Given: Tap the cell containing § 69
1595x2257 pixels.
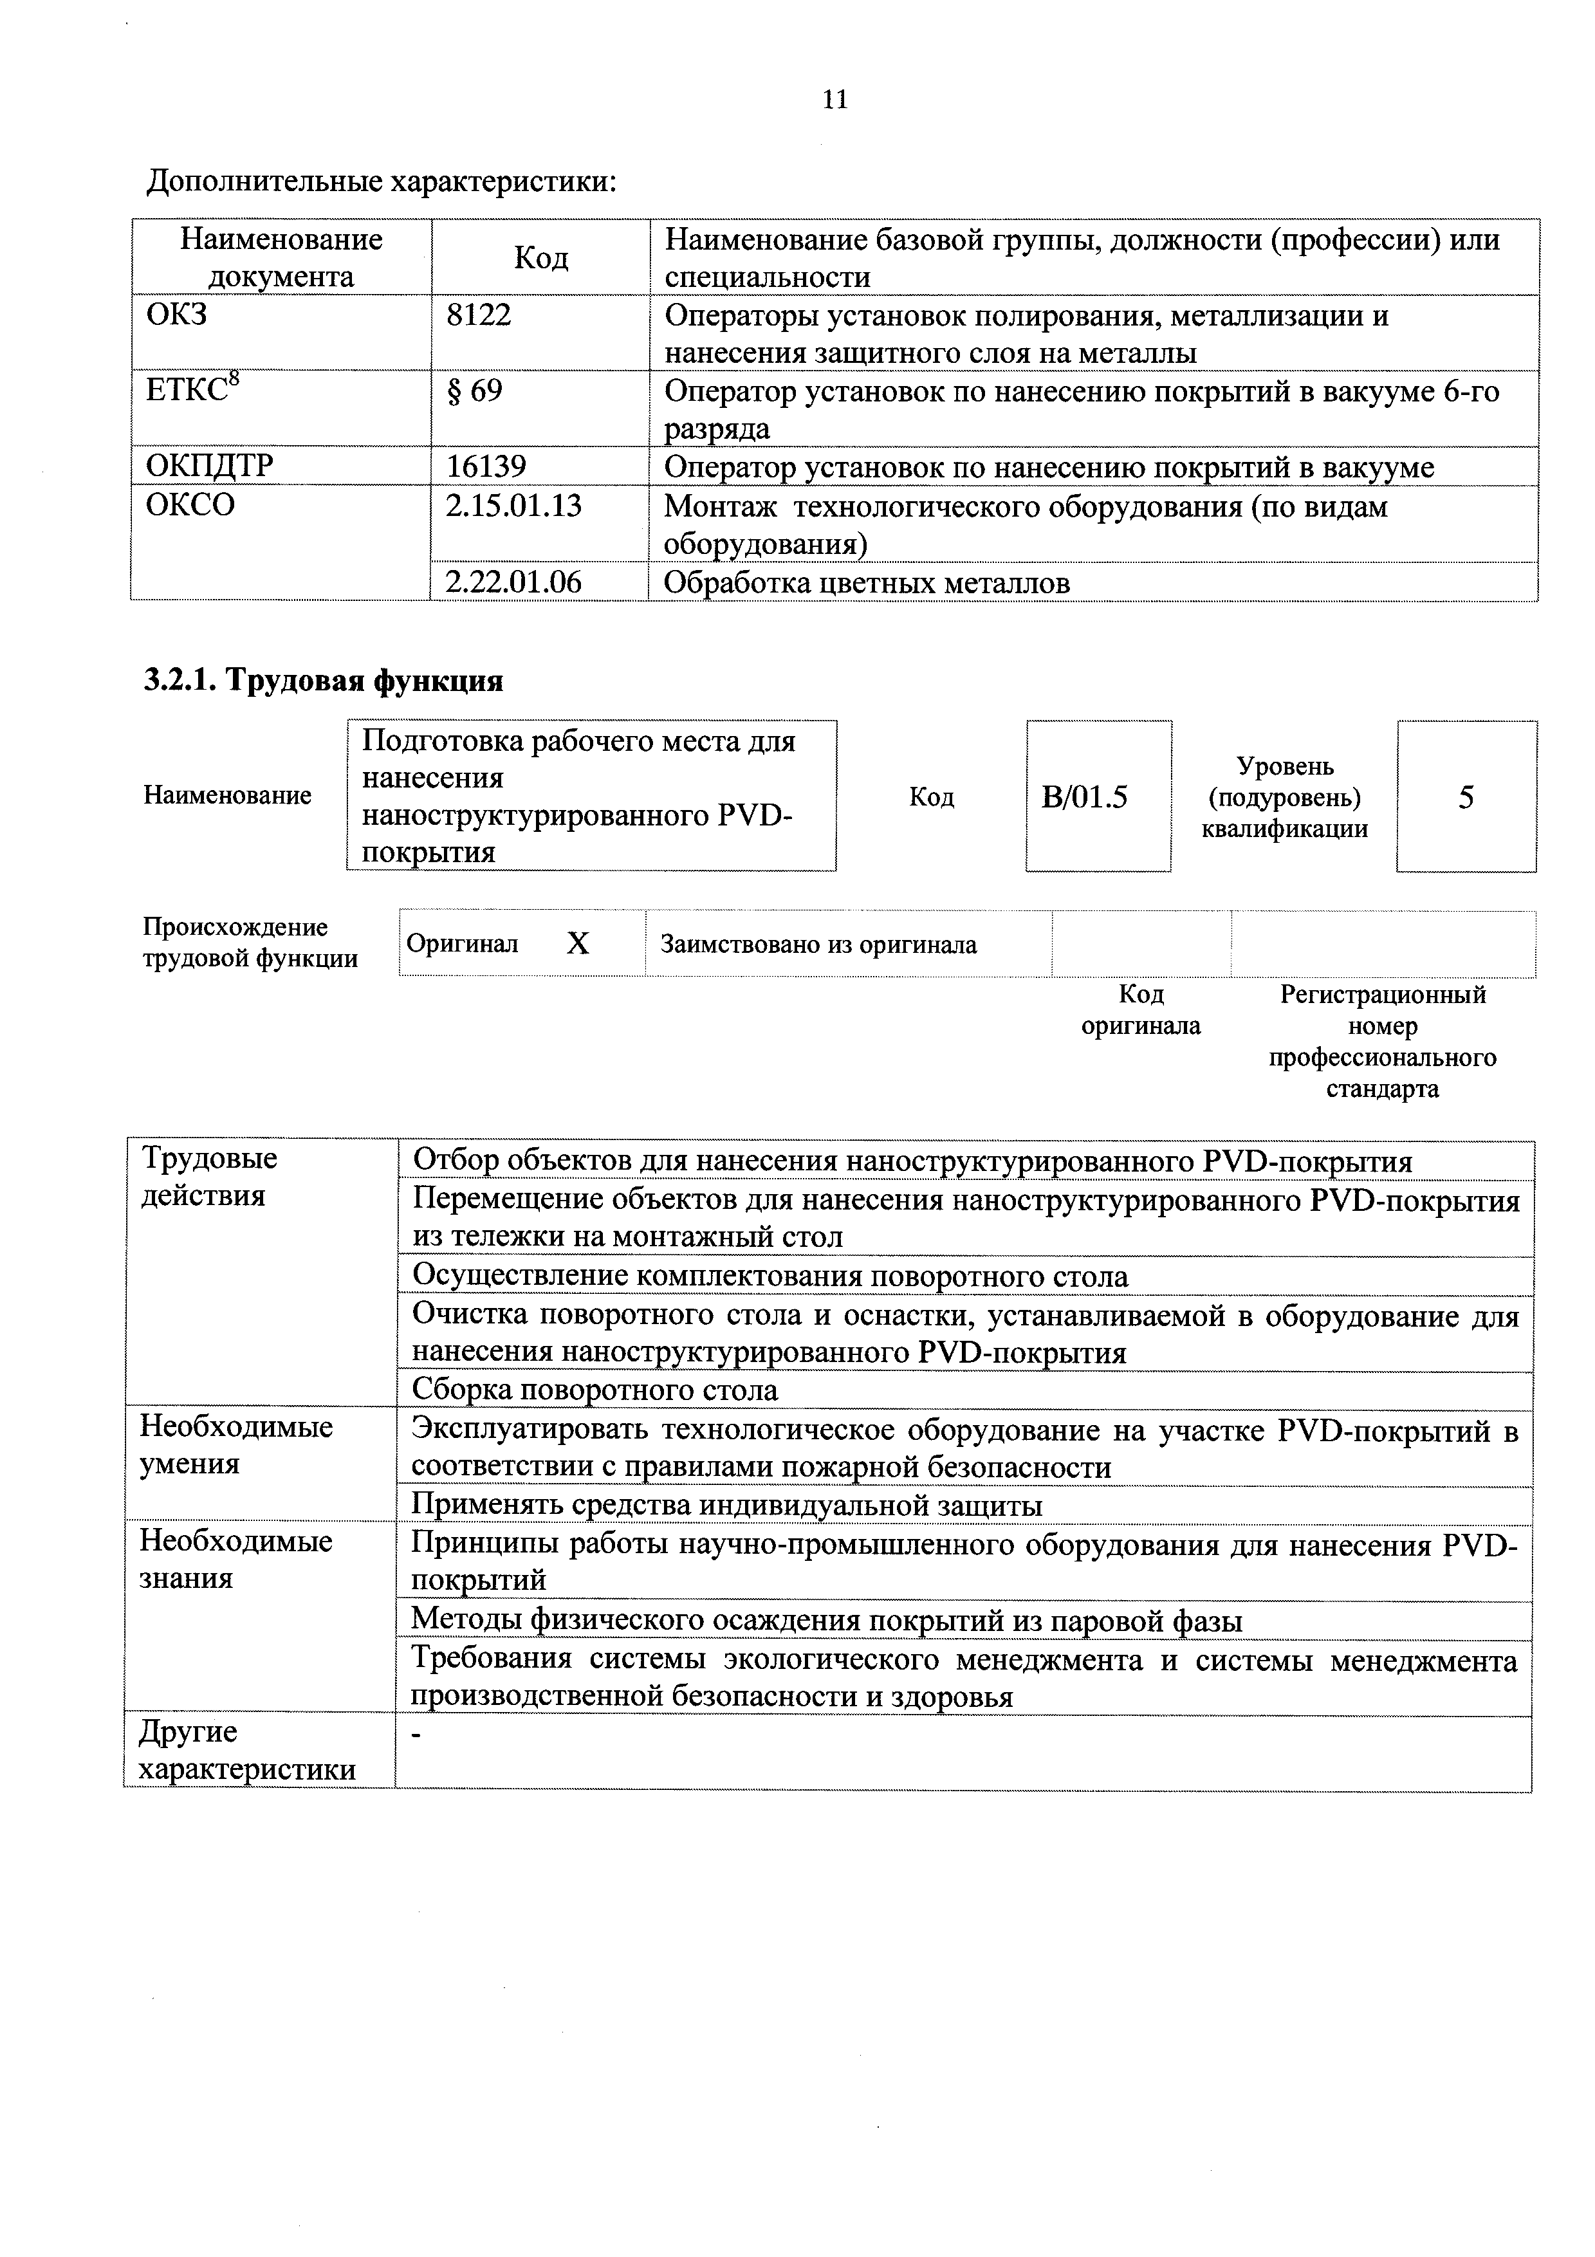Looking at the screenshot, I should [475, 391].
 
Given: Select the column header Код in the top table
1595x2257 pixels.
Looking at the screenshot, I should [540, 257].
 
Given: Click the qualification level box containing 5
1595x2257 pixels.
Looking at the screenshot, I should [1465, 797].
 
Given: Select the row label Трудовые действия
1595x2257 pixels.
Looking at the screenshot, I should [208, 1177].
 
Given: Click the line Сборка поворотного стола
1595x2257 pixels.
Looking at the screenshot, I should [595, 1390].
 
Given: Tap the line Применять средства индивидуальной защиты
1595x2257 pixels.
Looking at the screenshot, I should [726, 1505].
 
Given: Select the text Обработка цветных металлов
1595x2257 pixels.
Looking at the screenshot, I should [866, 583].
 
